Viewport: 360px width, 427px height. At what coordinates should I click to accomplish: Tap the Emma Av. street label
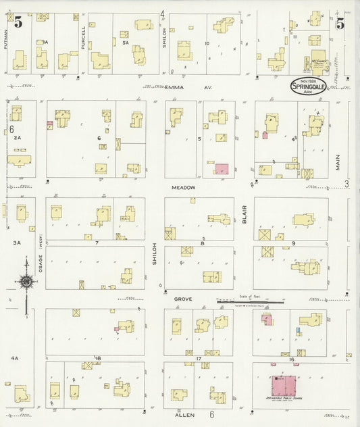[184, 86]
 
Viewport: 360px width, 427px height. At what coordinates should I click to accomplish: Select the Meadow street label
[182, 187]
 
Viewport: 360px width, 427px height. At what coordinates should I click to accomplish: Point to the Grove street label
[183, 297]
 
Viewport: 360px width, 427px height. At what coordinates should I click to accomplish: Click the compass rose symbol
[26, 282]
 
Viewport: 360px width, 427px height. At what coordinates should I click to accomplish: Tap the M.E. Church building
[316, 64]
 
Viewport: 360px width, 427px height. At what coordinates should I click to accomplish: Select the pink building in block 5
[222, 169]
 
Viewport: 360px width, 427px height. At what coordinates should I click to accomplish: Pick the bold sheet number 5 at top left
[18, 22]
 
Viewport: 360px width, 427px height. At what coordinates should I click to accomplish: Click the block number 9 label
[294, 242]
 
